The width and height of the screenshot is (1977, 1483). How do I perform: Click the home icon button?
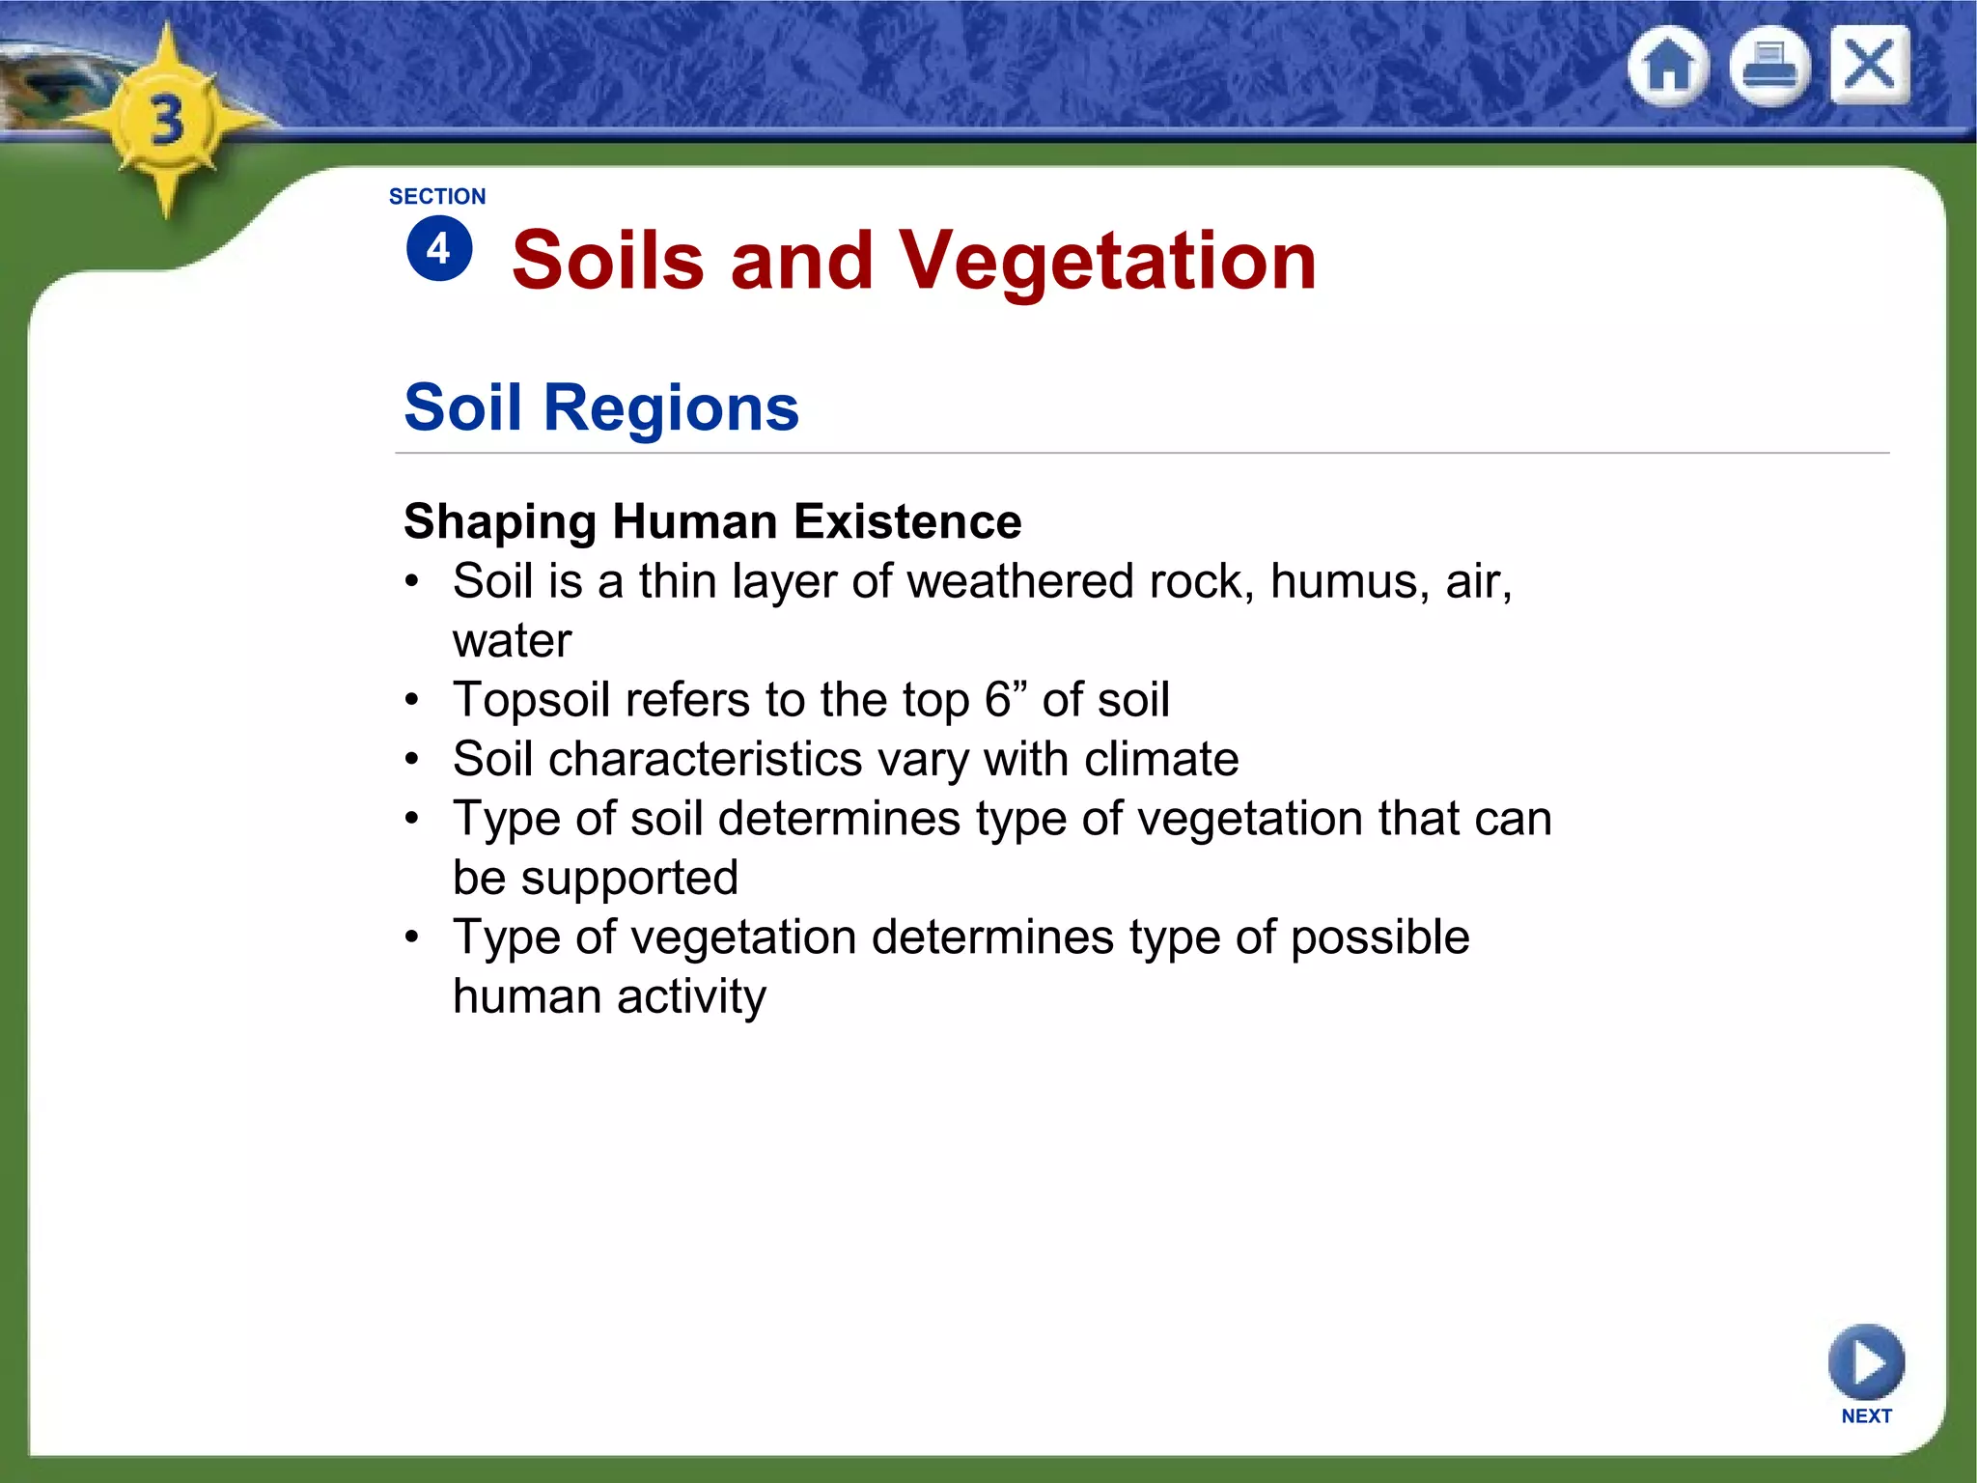click(1668, 67)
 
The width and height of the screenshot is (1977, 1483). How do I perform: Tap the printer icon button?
click(1768, 67)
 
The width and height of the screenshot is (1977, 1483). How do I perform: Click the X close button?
click(1869, 65)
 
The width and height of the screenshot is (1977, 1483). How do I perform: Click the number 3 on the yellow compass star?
click(167, 122)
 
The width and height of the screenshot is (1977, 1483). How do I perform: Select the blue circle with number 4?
click(439, 249)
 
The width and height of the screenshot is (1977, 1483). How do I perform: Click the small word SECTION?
click(437, 197)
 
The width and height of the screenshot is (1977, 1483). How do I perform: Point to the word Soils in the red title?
click(608, 261)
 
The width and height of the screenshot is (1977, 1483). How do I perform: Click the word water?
click(512, 641)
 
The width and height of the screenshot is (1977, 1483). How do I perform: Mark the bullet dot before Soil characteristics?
click(412, 760)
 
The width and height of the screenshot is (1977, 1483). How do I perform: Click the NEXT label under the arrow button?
click(1866, 1416)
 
